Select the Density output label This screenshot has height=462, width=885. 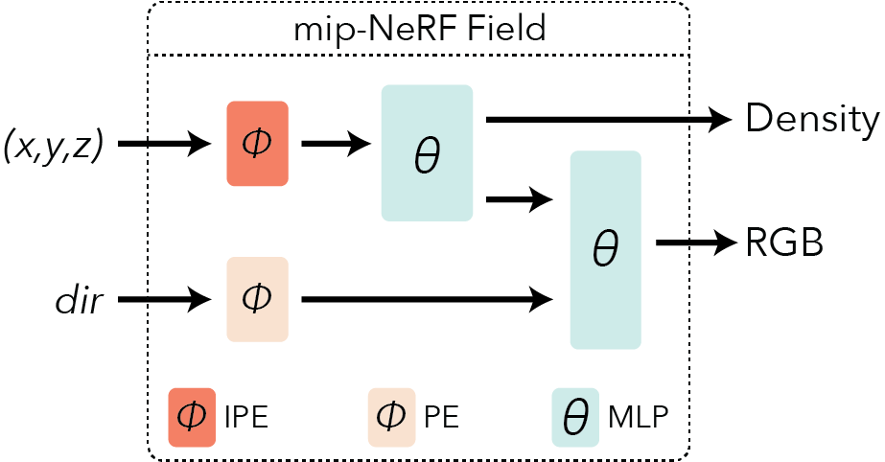coord(811,120)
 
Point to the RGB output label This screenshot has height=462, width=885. coord(784,243)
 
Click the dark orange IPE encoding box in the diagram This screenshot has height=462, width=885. coord(257,144)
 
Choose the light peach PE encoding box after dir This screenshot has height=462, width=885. coord(257,299)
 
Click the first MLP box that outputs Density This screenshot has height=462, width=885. coord(427,153)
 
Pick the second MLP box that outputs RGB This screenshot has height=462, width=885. coord(604,249)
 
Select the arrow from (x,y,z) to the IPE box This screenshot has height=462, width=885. coord(164,145)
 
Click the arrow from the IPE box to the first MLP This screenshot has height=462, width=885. coord(336,145)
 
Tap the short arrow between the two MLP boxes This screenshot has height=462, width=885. coord(520,199)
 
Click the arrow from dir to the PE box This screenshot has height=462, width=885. coord(164,300)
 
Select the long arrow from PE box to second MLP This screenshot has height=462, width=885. coord(427,300)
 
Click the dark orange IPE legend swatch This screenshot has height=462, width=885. coord(192,417)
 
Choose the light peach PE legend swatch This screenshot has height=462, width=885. coord(391,417)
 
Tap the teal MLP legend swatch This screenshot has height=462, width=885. coord(574,417)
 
